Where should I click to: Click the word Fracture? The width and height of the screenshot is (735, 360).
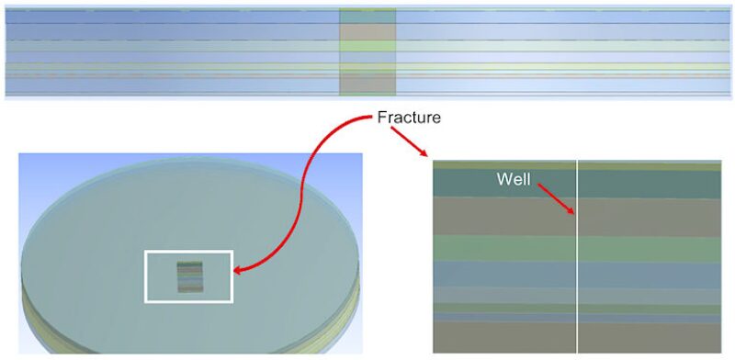coord(410,118)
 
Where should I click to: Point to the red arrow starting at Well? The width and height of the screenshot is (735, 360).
coord(555,198)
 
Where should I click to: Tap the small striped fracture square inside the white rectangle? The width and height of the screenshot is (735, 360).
coord(190,276)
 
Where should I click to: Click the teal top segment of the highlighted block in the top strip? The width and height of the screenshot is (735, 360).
coord(367,17)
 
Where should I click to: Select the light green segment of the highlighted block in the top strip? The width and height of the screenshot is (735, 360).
coord(367,45)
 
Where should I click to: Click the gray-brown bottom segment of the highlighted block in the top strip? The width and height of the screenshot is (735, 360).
coord(367,84)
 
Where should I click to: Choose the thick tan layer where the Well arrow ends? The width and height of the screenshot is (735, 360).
coord(643,217)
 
